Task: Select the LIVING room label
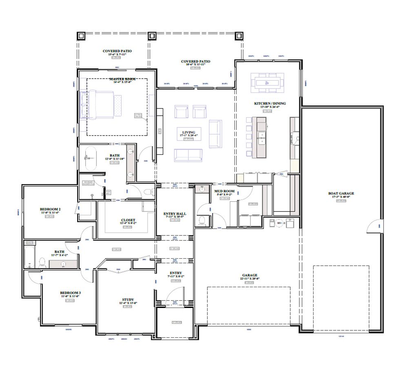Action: coord(188,132)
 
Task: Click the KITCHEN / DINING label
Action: coord(270,103)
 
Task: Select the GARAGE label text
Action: coord(250,275)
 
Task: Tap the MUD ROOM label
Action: coord(225,191)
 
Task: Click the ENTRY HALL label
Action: coord(175,213)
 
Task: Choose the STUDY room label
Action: coord(128,300)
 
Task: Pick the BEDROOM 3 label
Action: coord(70,293)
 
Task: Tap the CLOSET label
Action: coord(128,220)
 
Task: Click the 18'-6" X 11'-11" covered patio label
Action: coord(196,62)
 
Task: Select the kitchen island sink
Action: coord(261,139)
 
